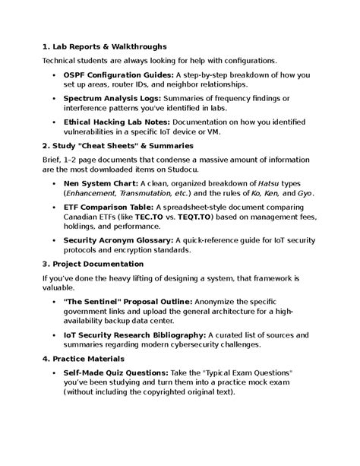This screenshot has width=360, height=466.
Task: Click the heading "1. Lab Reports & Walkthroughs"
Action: (x=105, y=47)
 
